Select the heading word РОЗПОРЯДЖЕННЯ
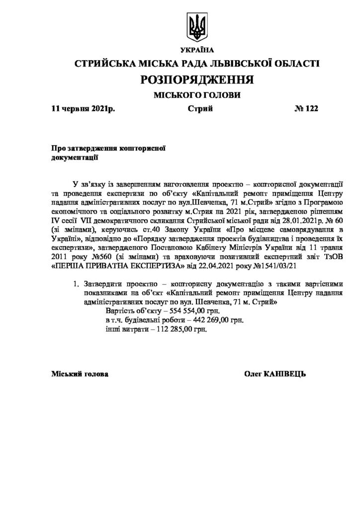[197, 80]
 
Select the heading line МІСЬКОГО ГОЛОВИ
[197, 95]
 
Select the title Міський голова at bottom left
[80, 373]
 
